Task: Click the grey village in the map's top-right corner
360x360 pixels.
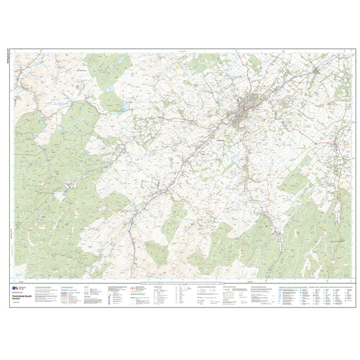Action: pyautogui.click(x=315, y=69)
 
